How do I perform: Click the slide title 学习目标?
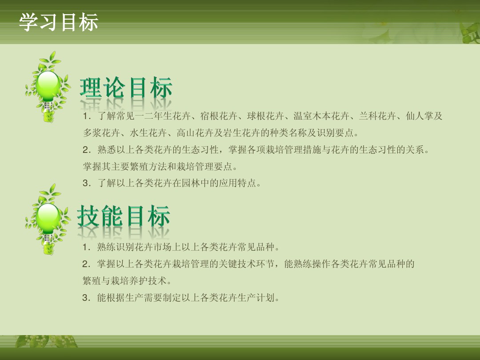tap(59, 22)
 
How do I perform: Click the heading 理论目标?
tap(126, 88)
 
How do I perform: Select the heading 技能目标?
tap(124, 216)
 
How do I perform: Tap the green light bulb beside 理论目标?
tap(48, 87)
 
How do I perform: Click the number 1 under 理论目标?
tap(87, 116)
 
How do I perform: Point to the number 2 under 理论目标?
tap(87, 150)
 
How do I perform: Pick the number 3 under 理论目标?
tap(87, 183)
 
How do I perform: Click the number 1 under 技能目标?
tap(86, 247)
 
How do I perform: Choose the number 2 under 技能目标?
tap(86, 264)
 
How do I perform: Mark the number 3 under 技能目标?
tap(86, 297)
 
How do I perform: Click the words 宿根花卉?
tap(219, 116)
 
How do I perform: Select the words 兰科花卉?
tap(377, 116)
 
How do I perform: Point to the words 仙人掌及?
tap(424, 116)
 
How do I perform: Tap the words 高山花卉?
tap(195, 133)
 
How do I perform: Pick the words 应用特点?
tap(237, 183)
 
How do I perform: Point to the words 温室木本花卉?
tap(321, 116)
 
